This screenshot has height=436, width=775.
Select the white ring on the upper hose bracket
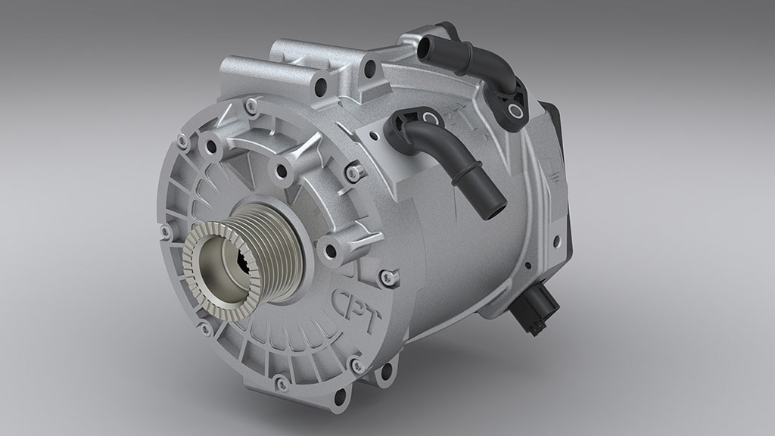(x=516, y=112)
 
